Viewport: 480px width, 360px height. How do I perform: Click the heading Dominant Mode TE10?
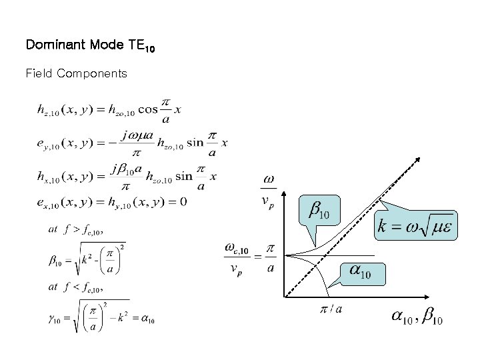click(90, 45)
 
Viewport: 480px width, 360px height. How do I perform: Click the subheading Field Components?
click(76, 73)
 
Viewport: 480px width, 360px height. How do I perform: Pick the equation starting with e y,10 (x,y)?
click(129, 143)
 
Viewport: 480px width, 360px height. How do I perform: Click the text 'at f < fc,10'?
click(76, 287)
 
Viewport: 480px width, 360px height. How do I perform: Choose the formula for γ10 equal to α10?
click(100, 317)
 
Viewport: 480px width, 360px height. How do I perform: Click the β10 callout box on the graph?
click(319, 212)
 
